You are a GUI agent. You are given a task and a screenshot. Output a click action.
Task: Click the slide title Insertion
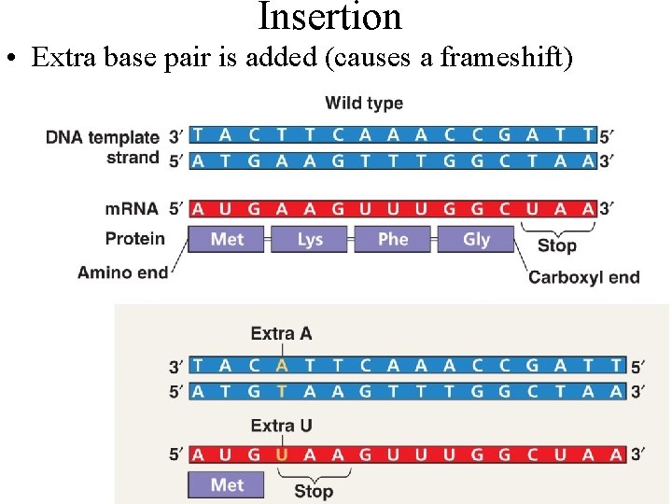pyautogui.click(x=329, y=17)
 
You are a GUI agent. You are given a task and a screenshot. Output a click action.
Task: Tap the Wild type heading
pyautogui.click(x=364, y=103)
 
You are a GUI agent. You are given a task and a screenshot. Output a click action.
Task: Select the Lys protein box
pyautogui.click(x=310, y=239)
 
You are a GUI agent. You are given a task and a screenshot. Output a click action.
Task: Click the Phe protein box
pyautogui.click(x=393, y=239)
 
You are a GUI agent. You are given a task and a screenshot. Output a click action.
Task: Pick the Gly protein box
pyautogui.click(x=476, y=239)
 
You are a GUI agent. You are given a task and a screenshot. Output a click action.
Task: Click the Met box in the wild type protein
pyautogui.click(x=227, y=239)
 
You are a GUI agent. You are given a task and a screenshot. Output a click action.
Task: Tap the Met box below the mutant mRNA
pyautogui.click(x=227, y=484)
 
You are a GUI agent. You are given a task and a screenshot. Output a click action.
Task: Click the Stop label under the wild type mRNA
pyautogui.click(x=556, y=245)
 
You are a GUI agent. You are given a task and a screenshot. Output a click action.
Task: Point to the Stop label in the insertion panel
pyautogui.click(x=313, y=491)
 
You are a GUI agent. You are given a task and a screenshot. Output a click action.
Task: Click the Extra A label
pyautogui.click(x=281, y=333)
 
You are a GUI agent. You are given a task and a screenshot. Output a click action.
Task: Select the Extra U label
pyautogui.click(x=281, y=426)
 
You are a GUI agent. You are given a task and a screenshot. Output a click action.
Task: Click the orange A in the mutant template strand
pyautogui.click(x=281, y=367)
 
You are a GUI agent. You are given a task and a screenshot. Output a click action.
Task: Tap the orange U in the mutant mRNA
pyautogui.click(x=281, y=455)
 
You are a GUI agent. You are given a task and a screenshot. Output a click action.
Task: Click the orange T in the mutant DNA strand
pyautogui.click(x=281, y=391)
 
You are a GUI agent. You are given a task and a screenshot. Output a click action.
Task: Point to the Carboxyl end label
pyautogui.click(x=583, y=277)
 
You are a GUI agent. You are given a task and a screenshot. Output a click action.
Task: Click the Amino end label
pyautogui.click(x=122, y=273)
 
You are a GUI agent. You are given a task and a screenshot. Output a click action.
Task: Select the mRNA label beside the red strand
pyautogui.click(x=132, y=208)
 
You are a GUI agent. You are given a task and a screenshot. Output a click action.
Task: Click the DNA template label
pyautogui.click(x=103, y=137)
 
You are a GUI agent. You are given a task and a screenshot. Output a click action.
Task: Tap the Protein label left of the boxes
pyautogui.click(x=134, y=239)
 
